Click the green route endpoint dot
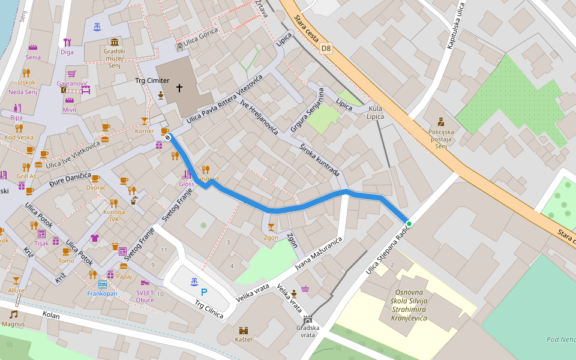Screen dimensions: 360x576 tap(409, 224)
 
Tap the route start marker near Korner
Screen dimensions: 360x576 tap(167, 138)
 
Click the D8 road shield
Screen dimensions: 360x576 tap(326, 47)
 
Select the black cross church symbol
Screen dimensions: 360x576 tap(179, 89)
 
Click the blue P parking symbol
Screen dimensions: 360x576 tap(204, 292)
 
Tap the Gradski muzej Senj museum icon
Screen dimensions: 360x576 tap(114, 41)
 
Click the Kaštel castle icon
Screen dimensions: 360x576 tap(244, 331)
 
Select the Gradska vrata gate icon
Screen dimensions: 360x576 tap(308, 319)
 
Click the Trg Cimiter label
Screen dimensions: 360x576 tap(152, 80)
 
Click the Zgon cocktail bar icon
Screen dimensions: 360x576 tap(271, 227)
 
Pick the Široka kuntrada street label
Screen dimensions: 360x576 tap(319, 159)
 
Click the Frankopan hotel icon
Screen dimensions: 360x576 tap(102, 284)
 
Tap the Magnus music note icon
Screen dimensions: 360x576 tap(13, 314)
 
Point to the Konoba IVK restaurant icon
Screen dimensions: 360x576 tap(113, 203)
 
